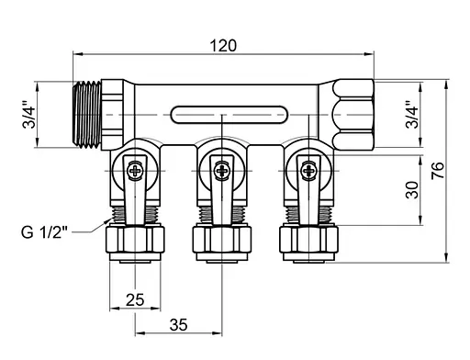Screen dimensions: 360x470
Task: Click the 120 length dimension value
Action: coord(223,45)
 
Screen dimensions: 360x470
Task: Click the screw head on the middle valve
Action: coord(220,168)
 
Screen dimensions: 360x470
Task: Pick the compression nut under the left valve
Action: coord(135,242)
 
